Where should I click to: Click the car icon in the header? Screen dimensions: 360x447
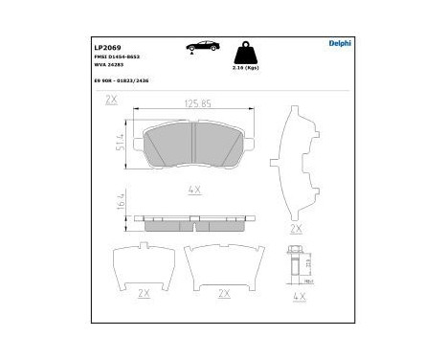[x=204, y=46]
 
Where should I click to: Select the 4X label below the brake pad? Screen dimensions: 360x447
[x=195, y=191]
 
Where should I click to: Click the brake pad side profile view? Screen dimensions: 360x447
[x=195, y=220]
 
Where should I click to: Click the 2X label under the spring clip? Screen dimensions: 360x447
[x=296, y=230]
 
